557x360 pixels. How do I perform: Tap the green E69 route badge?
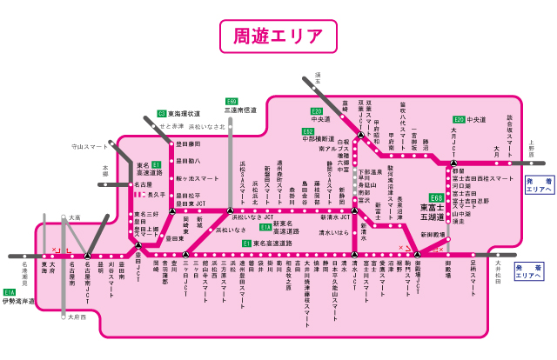[232, 102]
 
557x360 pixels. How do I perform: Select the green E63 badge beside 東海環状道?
[162, 113]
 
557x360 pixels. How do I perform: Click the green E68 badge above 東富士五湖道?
[436, 198]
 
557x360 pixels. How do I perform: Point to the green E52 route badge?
[309, 130]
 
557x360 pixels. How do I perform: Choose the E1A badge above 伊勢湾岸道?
[10, 292]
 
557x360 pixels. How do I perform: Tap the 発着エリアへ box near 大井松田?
[527, 271]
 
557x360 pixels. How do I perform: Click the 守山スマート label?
[91, 147]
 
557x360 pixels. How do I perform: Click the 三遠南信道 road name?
[239, 110]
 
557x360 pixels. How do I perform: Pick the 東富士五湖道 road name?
[434, 212]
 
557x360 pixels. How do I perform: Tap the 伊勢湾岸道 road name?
[19, 302]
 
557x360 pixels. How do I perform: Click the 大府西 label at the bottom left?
[77, 317]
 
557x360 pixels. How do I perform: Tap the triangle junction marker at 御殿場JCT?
[417, 253]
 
